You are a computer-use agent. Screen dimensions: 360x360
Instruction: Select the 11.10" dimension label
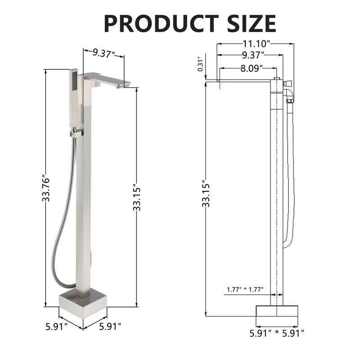255,44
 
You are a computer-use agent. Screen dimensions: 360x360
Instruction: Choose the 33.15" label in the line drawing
206,193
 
